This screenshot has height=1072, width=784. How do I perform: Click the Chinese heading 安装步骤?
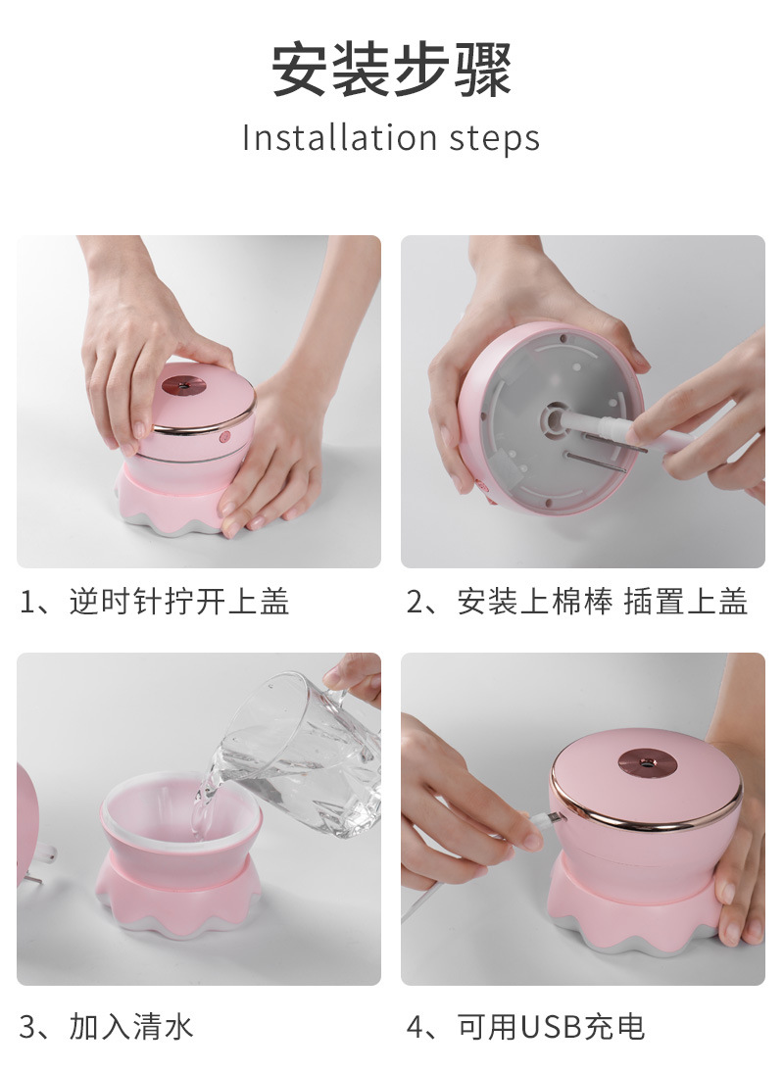391,72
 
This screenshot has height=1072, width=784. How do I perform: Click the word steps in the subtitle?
495,138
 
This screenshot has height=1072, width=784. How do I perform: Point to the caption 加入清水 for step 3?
131,1026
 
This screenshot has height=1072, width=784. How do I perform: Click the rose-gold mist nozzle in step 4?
646,761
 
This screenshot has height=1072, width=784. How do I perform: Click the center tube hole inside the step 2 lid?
555,415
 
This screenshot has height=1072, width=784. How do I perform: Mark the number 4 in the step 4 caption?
416,1026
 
